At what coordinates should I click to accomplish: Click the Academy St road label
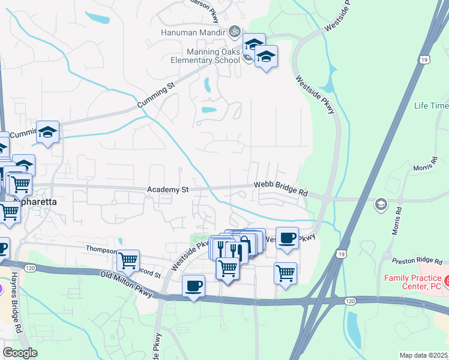pos(168,190)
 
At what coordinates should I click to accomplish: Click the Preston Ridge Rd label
pos(420,261)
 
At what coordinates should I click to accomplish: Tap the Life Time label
pos(431,106)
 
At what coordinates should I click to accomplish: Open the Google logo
pos(20,353)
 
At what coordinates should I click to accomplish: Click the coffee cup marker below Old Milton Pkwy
pos(193,286)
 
